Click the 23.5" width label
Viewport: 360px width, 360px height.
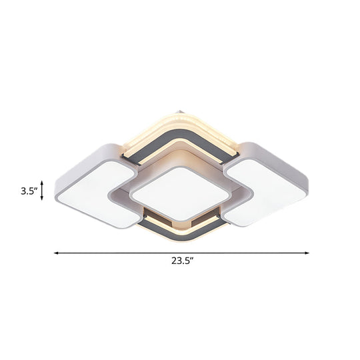pos(181,262)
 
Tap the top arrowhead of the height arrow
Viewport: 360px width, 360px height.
pos(43,181)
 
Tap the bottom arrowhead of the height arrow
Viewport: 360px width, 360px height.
pos(43,199)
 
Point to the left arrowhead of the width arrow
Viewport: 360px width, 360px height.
pos(56,253)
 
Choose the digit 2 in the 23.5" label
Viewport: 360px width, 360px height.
pos(172,262)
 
